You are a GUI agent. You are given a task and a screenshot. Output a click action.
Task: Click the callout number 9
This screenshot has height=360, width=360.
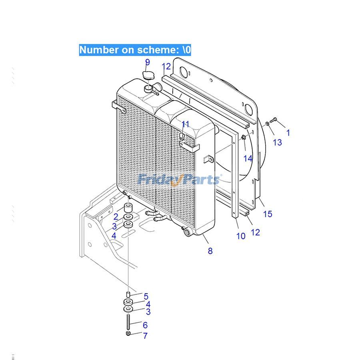pyautogui.click(x=148, y=62)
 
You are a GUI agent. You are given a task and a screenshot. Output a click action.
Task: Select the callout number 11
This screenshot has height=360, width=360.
pyautogui.click(x=186, y=124)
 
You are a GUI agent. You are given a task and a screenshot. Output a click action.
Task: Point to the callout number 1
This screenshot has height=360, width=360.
pyautogui.click(x=288, y=133)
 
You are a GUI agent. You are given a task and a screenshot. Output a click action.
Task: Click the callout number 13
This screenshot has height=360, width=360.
pyautogui.click(x=277, y=142)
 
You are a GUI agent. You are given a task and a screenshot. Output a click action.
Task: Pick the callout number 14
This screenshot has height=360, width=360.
pyautogui.click(x=248, y=158)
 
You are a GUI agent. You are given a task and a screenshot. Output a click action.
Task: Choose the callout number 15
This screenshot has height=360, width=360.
pyautogui.click(x=268, y=214)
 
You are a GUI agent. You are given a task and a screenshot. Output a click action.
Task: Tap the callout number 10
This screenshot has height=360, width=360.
pyautogui.click(x=241, y=236)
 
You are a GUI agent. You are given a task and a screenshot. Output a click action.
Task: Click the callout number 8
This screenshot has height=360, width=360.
pyautogui.click(x=210, y=251)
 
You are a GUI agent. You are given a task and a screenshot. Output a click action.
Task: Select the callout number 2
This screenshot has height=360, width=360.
pyautogui.click(x=116, y=217)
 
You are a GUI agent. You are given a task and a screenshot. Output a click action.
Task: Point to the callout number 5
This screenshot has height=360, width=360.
pyautogui.click(x=146, y=296)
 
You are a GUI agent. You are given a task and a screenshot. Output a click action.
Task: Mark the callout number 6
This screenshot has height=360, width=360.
pyautogui.click(x=145, y=325)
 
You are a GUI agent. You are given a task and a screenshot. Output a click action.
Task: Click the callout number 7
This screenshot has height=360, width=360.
pyautogui.click(x=145, y=336)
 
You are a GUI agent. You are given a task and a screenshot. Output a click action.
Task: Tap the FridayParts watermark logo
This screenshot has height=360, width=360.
pyautogui.click(x=179, y=179)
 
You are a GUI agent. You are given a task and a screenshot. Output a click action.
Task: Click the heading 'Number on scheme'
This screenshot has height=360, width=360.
pyautogui.click(x=135, y=50)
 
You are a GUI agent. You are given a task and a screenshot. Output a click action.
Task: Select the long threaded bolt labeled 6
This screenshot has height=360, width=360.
pyautogui.click(x=128, y=322)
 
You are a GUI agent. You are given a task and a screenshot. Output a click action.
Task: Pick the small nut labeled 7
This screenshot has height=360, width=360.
pyautogui.click(x=128, y=334)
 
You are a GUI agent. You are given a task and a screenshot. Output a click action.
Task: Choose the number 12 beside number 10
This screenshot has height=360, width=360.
pyautogui.click(x=255, y=232)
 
